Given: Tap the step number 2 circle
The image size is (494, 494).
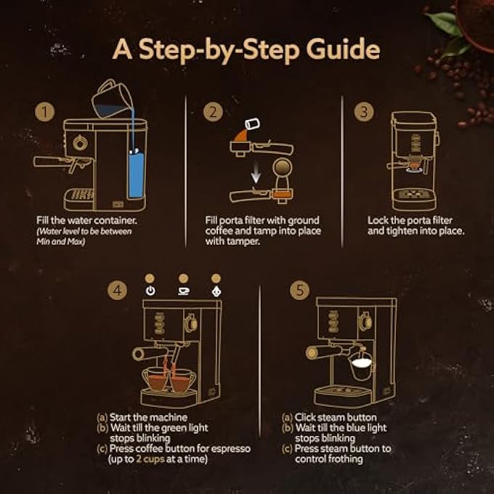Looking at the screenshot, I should click(212, 112).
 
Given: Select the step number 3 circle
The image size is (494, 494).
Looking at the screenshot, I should click(363, 112).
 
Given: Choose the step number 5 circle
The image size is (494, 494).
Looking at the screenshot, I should click(299, 290).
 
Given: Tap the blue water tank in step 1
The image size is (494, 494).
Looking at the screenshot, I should click(135, 171).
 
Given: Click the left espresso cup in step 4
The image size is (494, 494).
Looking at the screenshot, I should click(155, 379).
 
